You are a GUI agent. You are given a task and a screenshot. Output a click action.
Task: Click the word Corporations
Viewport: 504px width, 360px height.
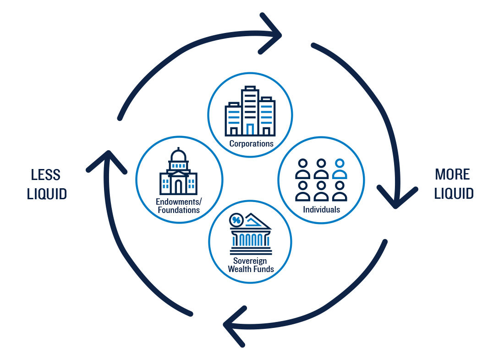tap(251, 143)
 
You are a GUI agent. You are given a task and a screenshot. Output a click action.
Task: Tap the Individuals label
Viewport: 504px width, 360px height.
tap(321, 209)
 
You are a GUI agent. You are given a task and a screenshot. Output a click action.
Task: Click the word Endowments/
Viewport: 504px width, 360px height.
tap(178, 202)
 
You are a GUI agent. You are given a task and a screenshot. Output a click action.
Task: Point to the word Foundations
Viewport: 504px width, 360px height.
tap(178, 210)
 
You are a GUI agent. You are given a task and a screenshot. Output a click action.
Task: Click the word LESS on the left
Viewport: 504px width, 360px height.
tap(46, 175)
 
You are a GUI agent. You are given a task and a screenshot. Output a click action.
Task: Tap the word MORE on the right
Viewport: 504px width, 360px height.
tap(452, 175)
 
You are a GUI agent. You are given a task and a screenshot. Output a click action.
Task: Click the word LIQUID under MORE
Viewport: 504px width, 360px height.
tap(454, 194)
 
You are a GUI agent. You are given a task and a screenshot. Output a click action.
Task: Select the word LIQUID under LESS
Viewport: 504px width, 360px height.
tap(47, 194)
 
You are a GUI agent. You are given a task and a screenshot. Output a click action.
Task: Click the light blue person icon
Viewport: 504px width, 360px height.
tap(340, 169)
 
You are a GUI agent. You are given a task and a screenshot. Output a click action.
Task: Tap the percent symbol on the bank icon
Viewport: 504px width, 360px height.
tap(236, 220)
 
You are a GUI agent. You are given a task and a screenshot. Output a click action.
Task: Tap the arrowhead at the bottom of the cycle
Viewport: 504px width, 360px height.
tap(234, 325)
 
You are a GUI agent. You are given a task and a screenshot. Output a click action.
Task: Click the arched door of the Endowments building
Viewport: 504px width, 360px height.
tap(178, 186)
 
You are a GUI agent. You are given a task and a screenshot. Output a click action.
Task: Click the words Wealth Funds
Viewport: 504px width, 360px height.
tap(251, 269)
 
